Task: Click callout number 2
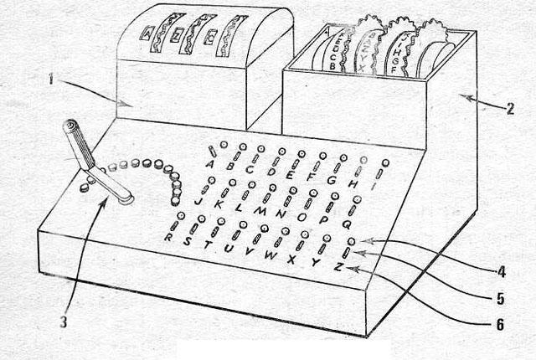click(510, 107)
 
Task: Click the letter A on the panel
click(209, 163)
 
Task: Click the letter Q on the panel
click(346, 224)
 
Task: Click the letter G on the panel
click(332, 180)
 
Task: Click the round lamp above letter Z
click(352, 241)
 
